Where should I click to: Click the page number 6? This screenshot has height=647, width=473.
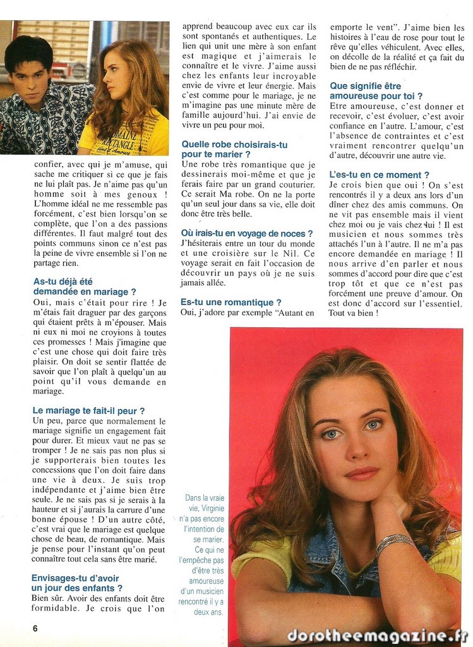35,628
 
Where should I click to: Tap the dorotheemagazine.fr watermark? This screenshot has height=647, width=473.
377,636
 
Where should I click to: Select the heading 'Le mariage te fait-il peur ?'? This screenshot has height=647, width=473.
88,411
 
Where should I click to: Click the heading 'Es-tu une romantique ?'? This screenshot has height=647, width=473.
231,303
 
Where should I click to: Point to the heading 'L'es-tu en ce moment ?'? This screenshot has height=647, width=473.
380,174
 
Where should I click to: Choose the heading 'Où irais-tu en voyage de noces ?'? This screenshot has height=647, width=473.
246,233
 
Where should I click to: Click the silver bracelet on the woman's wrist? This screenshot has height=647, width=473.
395,541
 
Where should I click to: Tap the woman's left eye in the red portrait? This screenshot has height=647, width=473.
373,425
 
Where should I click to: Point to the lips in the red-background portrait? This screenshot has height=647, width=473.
361,473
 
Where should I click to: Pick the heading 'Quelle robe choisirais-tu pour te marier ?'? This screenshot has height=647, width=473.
234,149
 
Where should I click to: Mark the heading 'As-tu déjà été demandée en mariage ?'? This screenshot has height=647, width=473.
84,286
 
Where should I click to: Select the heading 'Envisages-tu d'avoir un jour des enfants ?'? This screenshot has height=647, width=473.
76,583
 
